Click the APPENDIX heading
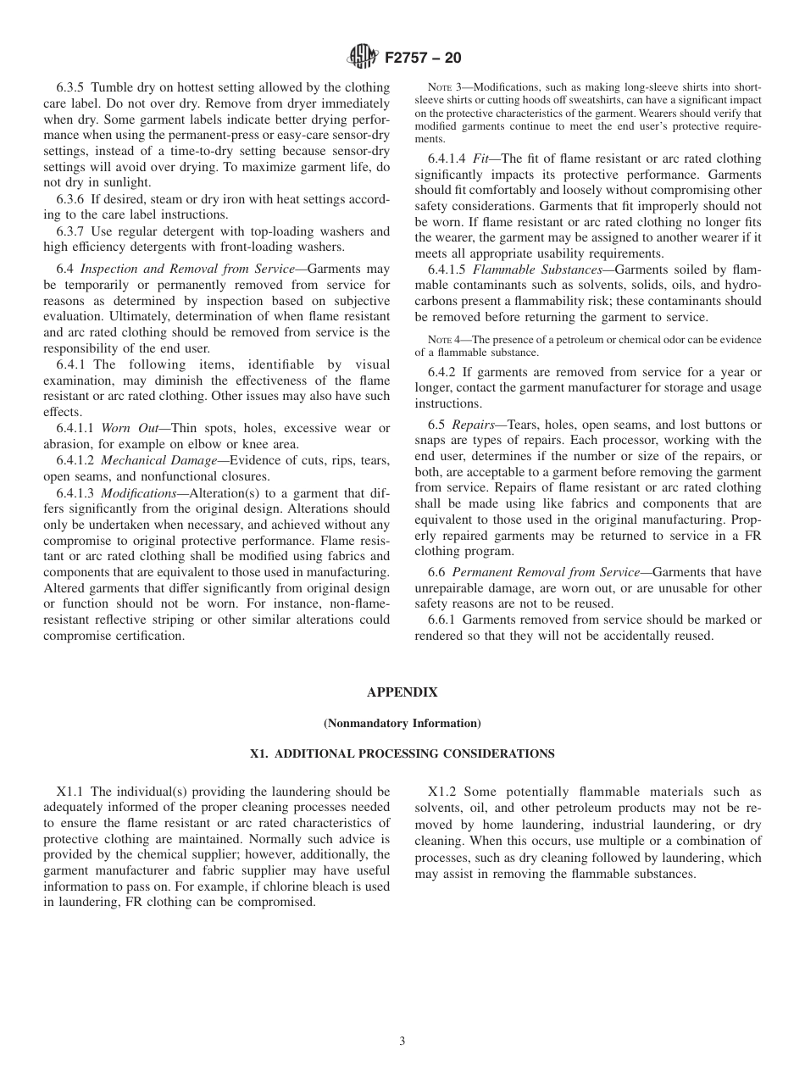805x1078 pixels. click(x=402, y=692)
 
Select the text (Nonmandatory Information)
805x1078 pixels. click(x=402, y=723)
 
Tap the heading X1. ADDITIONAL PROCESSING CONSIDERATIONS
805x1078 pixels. click(x=402, y=753)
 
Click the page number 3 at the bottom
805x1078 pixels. click(x=402, y=1041)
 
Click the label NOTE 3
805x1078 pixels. click(x=443, y=87)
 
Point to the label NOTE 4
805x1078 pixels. click(x=443, y=340)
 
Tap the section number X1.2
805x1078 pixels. click(x=443, y=792)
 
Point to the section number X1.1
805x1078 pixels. click(x=71, y=792)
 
